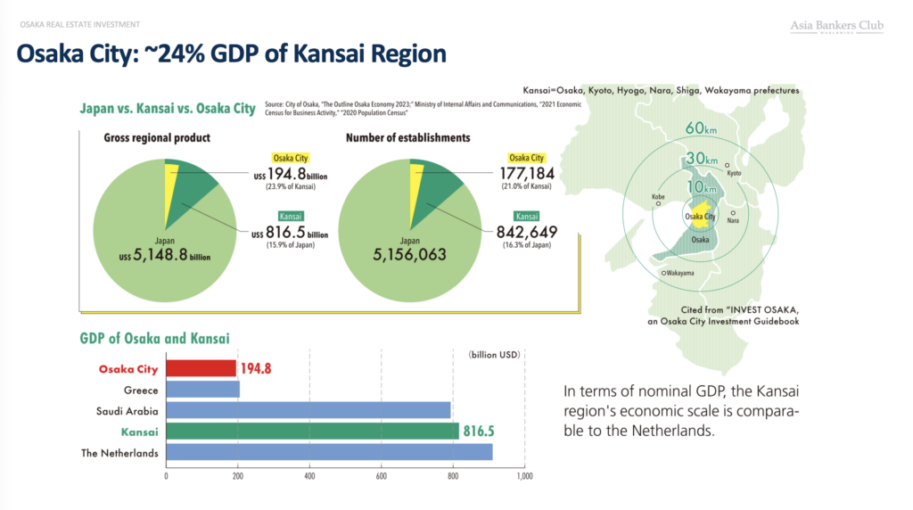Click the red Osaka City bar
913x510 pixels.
coord(201,368)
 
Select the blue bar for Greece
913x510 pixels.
coord(202,389)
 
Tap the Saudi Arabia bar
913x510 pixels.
coord(308,410)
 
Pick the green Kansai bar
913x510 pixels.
coord(312,432)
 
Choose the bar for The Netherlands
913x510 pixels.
coord(329,452)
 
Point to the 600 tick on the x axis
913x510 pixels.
coord(382,476)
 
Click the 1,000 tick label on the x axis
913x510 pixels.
coord(524,476)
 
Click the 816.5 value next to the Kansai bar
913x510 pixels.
coord(479,432)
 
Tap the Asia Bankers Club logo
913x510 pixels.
coord(836,26)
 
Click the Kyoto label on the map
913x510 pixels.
coord(734,173)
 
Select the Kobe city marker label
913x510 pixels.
coord(658,197)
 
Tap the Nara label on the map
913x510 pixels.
coord(733,220)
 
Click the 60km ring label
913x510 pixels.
coord(701,128)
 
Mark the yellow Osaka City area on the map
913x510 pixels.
coord(700,214)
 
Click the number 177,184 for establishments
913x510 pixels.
coord(527,173)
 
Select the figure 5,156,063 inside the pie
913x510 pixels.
coord(410,254)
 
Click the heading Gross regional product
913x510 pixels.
coord(157,138)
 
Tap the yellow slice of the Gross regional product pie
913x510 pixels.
coord(171,186)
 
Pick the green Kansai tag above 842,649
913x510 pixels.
coord(526,216)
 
